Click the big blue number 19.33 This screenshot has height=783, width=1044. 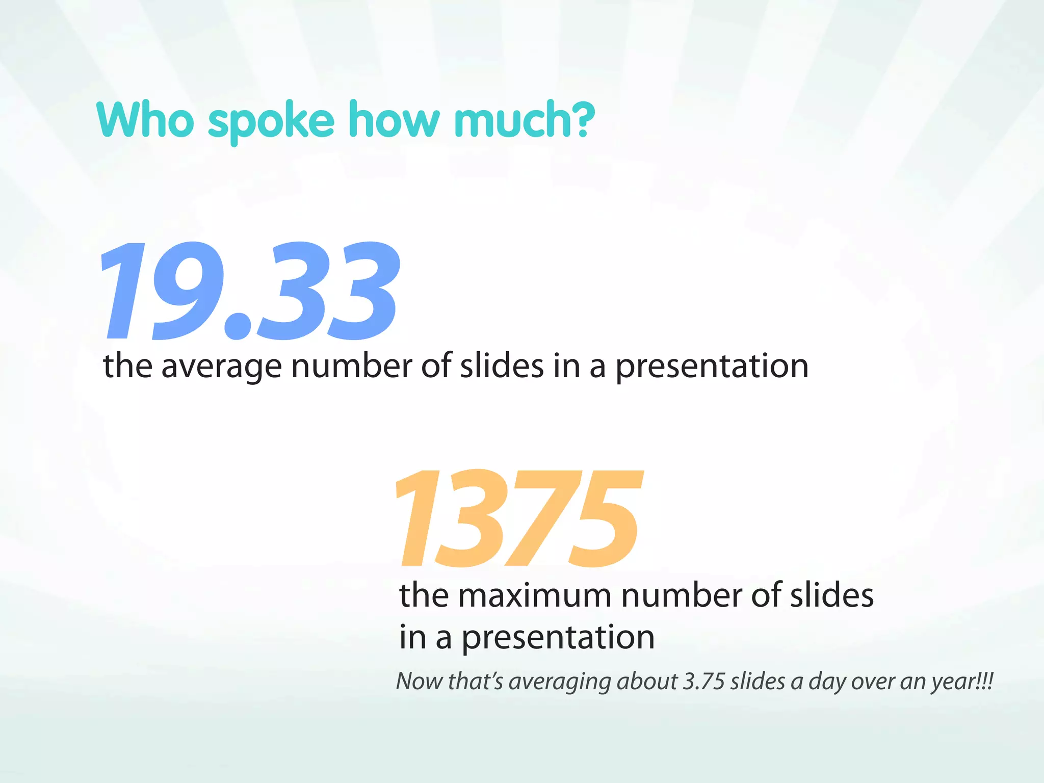point(250,291)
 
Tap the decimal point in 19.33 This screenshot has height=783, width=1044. point(238,327)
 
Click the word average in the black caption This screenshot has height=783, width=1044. point(221,367)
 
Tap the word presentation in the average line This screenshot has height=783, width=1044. point(712,367)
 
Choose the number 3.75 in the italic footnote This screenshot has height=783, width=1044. point(703,682)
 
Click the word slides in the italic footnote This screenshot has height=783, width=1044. point(758,682)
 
